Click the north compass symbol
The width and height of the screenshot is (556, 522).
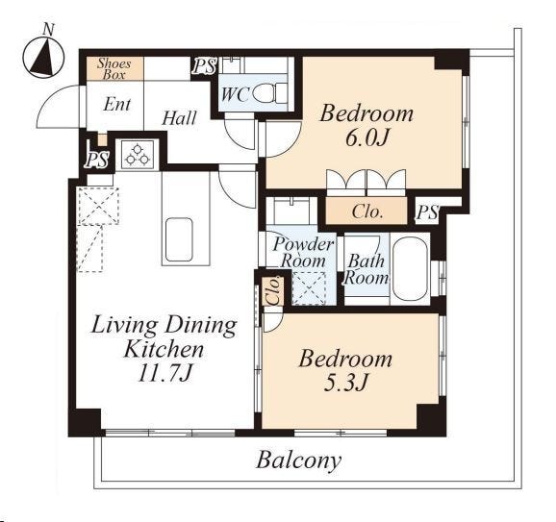(x=43, y=57)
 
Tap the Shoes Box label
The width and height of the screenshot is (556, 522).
(x=114, y=69)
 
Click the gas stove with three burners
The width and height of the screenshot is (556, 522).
(x=138, y=154)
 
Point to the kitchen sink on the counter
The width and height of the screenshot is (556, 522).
(x=179, y=239)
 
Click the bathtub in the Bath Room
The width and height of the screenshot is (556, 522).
(x=410, y=269)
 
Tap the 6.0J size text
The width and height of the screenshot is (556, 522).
(x=366, y=137)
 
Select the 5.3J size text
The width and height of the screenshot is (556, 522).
(x=345, y=383)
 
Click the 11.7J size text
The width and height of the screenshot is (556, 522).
(x=164, y=373)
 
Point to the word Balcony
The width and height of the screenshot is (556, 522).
(x=298, y=460)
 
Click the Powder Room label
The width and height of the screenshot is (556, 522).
(x=303, y=252)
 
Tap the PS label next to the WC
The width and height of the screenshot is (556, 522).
(x=204, y=65)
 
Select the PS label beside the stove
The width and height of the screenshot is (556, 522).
(x=97, y=160)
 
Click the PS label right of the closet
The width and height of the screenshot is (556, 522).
(x=427, y=212)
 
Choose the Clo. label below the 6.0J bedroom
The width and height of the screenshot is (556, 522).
(x=367, y=211)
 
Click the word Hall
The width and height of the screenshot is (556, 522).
(x=179, y=118)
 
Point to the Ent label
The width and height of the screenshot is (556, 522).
(x=117, y=104)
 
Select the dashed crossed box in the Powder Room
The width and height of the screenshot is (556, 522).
(x=309, y=288)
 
